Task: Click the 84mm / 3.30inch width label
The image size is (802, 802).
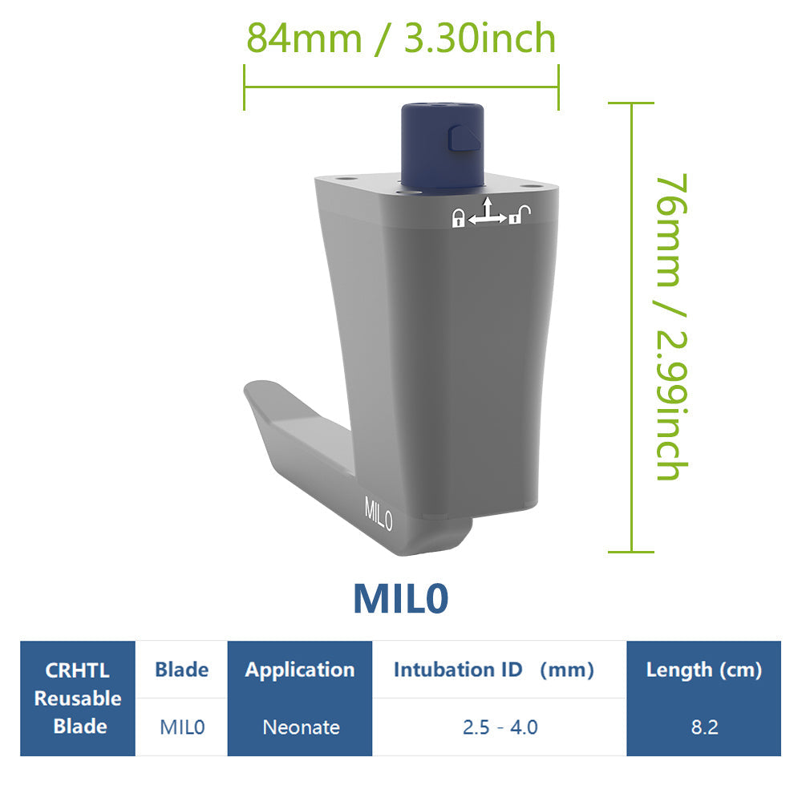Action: [401, 38]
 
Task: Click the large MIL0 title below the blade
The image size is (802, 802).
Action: [400, 598]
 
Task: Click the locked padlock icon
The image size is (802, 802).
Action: [458, 218]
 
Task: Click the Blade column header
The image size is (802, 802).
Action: [181, 670]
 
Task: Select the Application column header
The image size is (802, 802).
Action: [300, 670]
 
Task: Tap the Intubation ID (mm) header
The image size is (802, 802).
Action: [493, 670]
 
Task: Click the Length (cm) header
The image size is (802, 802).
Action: [703, 670]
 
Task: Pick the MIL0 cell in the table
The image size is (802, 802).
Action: [182, 727]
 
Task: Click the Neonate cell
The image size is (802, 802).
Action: [301, 727]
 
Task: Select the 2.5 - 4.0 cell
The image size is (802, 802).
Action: [500, 727]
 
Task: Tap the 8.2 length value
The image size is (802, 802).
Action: [703, 727]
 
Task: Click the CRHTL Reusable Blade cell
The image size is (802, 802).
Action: [78, 699]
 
